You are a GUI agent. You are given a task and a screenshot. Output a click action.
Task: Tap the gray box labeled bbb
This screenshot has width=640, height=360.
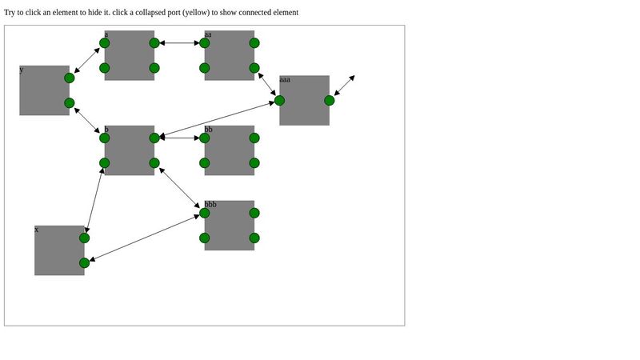(230, 228)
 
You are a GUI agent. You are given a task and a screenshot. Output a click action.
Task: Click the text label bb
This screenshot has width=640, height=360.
(208, 130)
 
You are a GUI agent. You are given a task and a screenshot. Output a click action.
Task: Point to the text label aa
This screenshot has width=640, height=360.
(208, 34)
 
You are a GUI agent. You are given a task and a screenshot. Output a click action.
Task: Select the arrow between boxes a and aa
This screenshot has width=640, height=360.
(179, 43)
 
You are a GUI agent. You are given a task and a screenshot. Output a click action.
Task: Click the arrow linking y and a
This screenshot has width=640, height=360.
(87, 60)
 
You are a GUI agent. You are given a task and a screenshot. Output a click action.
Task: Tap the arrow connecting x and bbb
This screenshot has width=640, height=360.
(144, 238)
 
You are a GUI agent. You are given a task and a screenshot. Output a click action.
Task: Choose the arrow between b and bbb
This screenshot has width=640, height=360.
(179, 188)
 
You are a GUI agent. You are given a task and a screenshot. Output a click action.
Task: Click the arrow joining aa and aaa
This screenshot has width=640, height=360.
(266, 84)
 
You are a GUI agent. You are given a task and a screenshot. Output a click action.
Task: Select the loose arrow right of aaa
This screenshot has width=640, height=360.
(344, 86)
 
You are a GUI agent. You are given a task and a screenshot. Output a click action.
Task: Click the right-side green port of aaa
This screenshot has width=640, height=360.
(330, 100)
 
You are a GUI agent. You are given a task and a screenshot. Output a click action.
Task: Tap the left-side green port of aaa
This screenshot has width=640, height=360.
(279, 100)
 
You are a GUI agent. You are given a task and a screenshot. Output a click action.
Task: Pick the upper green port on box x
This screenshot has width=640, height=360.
(84, 238)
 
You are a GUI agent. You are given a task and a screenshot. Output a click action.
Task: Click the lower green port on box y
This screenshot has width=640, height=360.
(70, 102)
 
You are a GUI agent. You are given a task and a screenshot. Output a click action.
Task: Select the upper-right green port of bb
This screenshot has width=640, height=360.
(254, 138)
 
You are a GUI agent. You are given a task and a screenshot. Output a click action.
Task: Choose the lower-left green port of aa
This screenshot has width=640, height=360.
(205, 68)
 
